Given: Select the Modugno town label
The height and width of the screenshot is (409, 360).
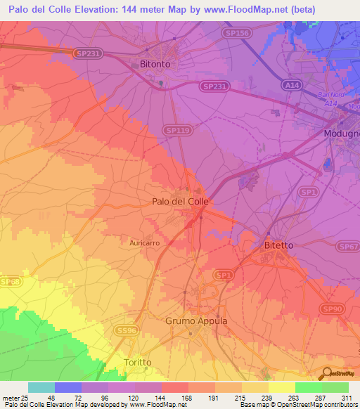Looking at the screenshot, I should [x=342, y=133].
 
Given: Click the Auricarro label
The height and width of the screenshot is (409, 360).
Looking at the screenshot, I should [x=145, y=242].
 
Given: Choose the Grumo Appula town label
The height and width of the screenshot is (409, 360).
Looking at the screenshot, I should [x=196, y=320].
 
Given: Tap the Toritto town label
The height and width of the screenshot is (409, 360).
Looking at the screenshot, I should [x=137, y=362].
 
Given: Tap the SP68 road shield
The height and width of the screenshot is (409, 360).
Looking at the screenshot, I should [x=10, y=282].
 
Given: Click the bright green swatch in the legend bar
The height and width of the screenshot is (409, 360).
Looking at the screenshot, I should [x=308, y=387].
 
